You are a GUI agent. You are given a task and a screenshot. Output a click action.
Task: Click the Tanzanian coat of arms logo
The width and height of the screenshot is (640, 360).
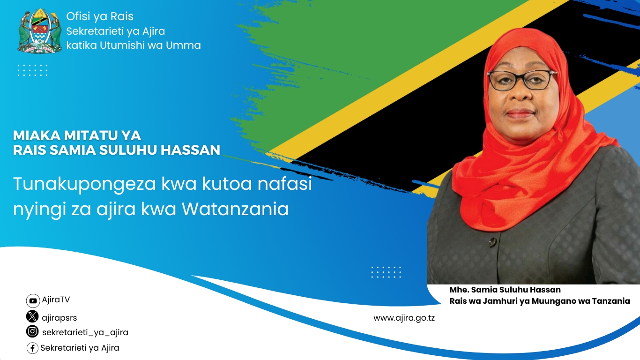[x=39, y=30]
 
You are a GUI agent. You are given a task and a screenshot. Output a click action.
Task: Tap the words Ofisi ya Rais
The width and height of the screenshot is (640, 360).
[x=100, y=16]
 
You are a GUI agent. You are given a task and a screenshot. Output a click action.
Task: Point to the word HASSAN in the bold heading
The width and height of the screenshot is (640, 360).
[x=190, y=150]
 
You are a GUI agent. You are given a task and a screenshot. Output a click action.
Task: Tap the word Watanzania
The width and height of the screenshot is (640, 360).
[x=235, y=209]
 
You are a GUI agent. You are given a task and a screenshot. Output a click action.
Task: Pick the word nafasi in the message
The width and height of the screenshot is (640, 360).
[x=284, y=183]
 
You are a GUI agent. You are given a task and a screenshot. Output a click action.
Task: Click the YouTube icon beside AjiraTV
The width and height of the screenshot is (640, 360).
[x=33, y=300]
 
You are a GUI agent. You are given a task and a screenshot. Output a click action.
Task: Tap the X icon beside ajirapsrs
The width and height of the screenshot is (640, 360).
[x=32, y=316]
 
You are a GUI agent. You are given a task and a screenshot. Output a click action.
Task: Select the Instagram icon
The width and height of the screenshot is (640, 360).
[x=32, y=331]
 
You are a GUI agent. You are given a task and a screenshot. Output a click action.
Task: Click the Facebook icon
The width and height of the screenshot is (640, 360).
[x=33, y=348]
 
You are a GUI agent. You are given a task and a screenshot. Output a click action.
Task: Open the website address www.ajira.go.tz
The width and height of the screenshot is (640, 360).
[x=404, y=318]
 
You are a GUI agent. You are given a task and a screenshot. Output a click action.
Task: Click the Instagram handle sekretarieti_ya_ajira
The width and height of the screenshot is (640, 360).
[x=85, y=332]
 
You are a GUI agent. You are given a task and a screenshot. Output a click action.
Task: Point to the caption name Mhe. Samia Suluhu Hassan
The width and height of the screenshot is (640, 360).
[x=505, y=290]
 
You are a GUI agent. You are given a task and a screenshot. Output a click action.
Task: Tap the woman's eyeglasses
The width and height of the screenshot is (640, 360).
[x=522, y=79]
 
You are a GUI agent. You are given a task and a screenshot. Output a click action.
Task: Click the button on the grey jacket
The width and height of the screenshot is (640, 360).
[x=492, y=242]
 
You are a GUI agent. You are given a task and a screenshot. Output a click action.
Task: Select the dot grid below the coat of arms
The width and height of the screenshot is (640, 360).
[x=33, y=70]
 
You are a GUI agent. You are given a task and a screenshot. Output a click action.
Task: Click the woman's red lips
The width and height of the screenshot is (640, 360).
[x=520, y=113]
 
